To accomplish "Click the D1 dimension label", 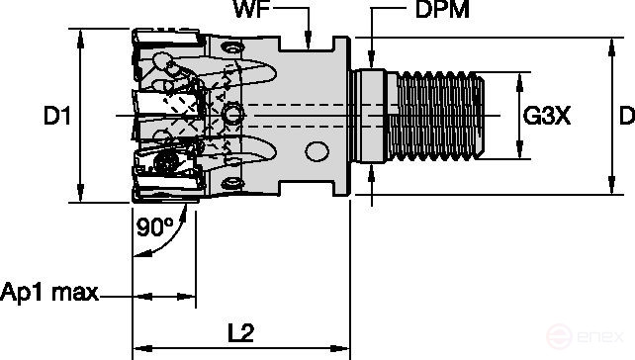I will [x=55, y=117].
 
